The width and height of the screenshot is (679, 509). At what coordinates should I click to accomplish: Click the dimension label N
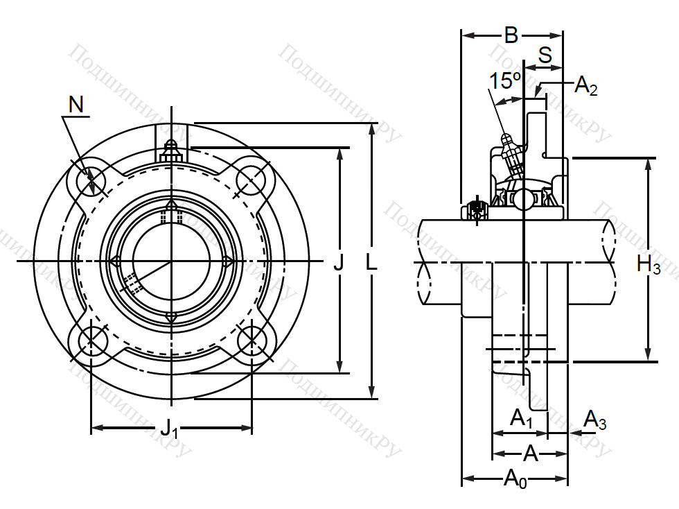(76, 105)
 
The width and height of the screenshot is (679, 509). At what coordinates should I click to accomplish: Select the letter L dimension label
(371, 261)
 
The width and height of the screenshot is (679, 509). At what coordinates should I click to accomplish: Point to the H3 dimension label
(649, 264)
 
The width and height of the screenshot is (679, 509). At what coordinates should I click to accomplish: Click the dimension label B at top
(511, 35)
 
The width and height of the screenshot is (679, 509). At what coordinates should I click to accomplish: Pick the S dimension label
(545, 55)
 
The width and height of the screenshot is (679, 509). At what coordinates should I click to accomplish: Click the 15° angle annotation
(504, 80)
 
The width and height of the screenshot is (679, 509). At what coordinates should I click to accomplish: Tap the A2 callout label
(586, 85)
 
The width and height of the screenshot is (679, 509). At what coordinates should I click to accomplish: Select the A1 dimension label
(521, 419)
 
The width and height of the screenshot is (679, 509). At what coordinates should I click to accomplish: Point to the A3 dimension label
(595, 420)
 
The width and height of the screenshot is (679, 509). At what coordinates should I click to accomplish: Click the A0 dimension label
(515, 479)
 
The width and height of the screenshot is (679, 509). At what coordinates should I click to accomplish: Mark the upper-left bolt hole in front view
(91, 180)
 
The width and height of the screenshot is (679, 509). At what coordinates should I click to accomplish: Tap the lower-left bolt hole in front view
(91, 340)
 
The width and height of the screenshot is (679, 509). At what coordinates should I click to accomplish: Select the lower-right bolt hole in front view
(252, 340)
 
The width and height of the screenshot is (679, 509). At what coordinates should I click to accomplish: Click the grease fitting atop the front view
(172, 152)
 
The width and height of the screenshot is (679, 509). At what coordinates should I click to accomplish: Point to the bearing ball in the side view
(524, 199)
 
